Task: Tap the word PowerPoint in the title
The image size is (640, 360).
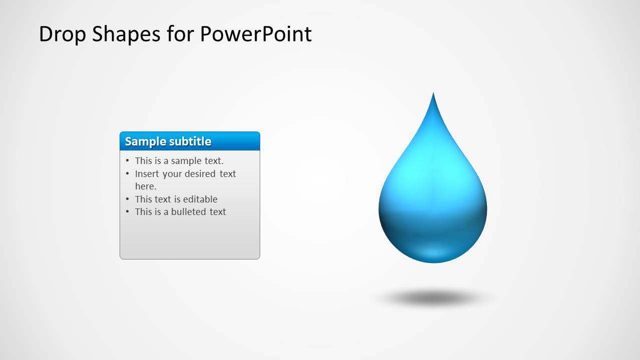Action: click(x=256, y=34)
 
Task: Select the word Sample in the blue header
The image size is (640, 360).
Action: click(x=145, y=141)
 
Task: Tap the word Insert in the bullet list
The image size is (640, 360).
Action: click(x=147, y=174)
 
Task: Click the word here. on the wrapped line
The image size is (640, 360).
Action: click(x=146, y=186)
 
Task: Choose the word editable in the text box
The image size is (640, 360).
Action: click(x=199, y=199)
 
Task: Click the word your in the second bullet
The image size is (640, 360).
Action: click(x=172, y=174)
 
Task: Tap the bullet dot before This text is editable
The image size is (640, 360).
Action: click(x=128, y=199)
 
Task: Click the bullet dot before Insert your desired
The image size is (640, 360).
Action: click(x=128, y=174)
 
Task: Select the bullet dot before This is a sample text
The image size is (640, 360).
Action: click(x=128, y=161)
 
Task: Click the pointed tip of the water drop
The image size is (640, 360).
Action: click(x=433, y=95)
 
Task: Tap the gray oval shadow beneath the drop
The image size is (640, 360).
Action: click(x=433, y=298)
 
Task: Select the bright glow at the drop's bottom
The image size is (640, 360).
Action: click(x=433, y=252)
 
